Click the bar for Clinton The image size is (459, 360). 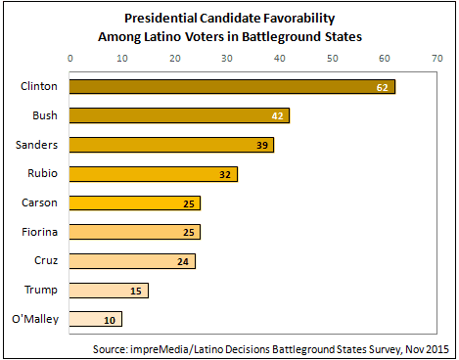232,87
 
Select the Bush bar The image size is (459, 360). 180,116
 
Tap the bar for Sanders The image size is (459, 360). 172,145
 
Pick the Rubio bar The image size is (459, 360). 154,174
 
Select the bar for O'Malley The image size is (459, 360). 96,319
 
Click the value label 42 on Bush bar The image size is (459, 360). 279,116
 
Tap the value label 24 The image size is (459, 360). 185,261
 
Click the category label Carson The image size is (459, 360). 38,203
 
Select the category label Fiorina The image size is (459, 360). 39,233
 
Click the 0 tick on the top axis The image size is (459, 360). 70,58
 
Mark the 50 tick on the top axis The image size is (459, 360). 332,58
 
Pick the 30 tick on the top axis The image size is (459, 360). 227,58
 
